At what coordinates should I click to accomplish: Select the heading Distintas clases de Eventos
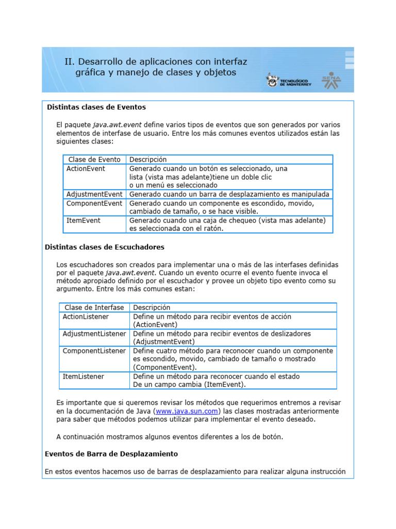tap(96, 107)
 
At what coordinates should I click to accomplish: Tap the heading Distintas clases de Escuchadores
tap(105, 247)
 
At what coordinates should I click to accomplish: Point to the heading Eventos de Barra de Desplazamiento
tap(111, 454)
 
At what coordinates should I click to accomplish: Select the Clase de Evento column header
tap(94, 160)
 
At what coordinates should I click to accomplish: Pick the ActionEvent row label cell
tap(86, 168)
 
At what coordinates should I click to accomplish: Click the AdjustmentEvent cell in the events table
tap(94, 194)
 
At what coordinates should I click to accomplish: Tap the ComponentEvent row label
tap(94, 203)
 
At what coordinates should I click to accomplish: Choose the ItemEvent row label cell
tap(83, 220)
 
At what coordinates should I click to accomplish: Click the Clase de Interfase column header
tap(93, 307)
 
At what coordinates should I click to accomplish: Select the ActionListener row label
tap(86, 316)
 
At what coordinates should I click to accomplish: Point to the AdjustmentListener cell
tap(94, 334)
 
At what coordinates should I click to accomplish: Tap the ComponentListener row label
tap(94, 351)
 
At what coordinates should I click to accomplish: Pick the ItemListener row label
tap(83, 377)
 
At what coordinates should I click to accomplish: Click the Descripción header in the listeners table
tap(152, 307)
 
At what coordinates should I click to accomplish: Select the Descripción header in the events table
tap(147, 160)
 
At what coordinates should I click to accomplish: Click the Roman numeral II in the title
tap(68, 61)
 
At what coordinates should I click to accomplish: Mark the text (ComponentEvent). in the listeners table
tap(165, 367)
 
